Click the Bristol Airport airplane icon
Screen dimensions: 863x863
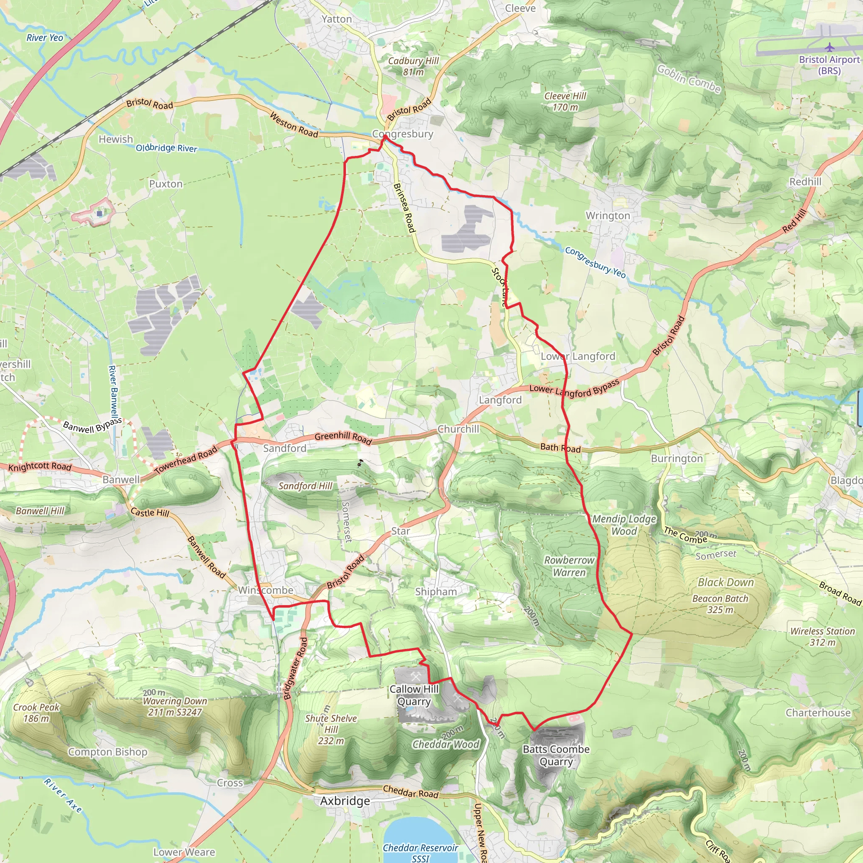[x=829, y=47]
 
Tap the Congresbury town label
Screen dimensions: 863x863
[x=402, y=134]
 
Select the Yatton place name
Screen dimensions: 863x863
[x=337, y=19]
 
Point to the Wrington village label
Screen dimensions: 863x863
[x=608, y=216]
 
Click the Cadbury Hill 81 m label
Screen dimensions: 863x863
[x=413, y=66]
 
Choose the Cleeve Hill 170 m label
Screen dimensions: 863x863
[x=565, y=102]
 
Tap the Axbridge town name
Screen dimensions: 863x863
[x=345, y=801]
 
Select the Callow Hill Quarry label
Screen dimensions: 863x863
[x=414, y=695]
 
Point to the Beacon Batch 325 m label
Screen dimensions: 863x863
[x=720, y=604]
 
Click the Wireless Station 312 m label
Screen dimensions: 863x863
[x=823, y=637]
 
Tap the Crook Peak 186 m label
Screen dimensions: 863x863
[x=36, y=713]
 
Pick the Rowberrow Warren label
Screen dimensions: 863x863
[x=569, y=566]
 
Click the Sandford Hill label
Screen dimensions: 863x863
[x=306, y=485]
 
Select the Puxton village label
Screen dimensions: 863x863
[x=166, y=184]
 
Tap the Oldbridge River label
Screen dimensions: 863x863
[x=166, y=148]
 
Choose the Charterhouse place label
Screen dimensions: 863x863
[x=818, y=713]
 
